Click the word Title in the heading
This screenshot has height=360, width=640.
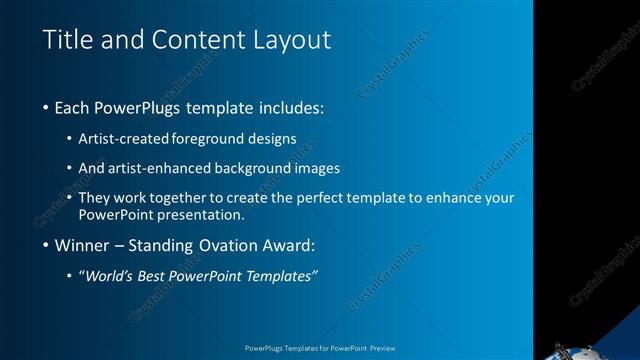pyautogui.click(x=67, y=40)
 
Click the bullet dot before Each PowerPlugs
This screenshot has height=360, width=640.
pyautogui.click(x=47, y=107)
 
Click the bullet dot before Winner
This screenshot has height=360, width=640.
pyautogui.click(x=47, y=245)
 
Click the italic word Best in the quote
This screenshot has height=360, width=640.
pyautogui.click(x=170, y=275)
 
